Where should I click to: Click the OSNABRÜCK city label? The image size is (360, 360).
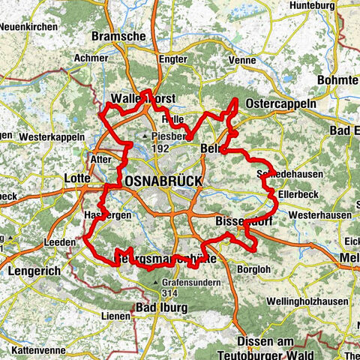pyautogui.click(x=154, y=181)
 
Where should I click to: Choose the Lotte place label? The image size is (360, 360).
pyautogui.click(x=78, y=178)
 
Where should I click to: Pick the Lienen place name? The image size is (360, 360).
pyautogui.click(x=115, y=316)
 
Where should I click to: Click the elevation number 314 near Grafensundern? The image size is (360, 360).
pyautogui.click(x=169, y=292)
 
